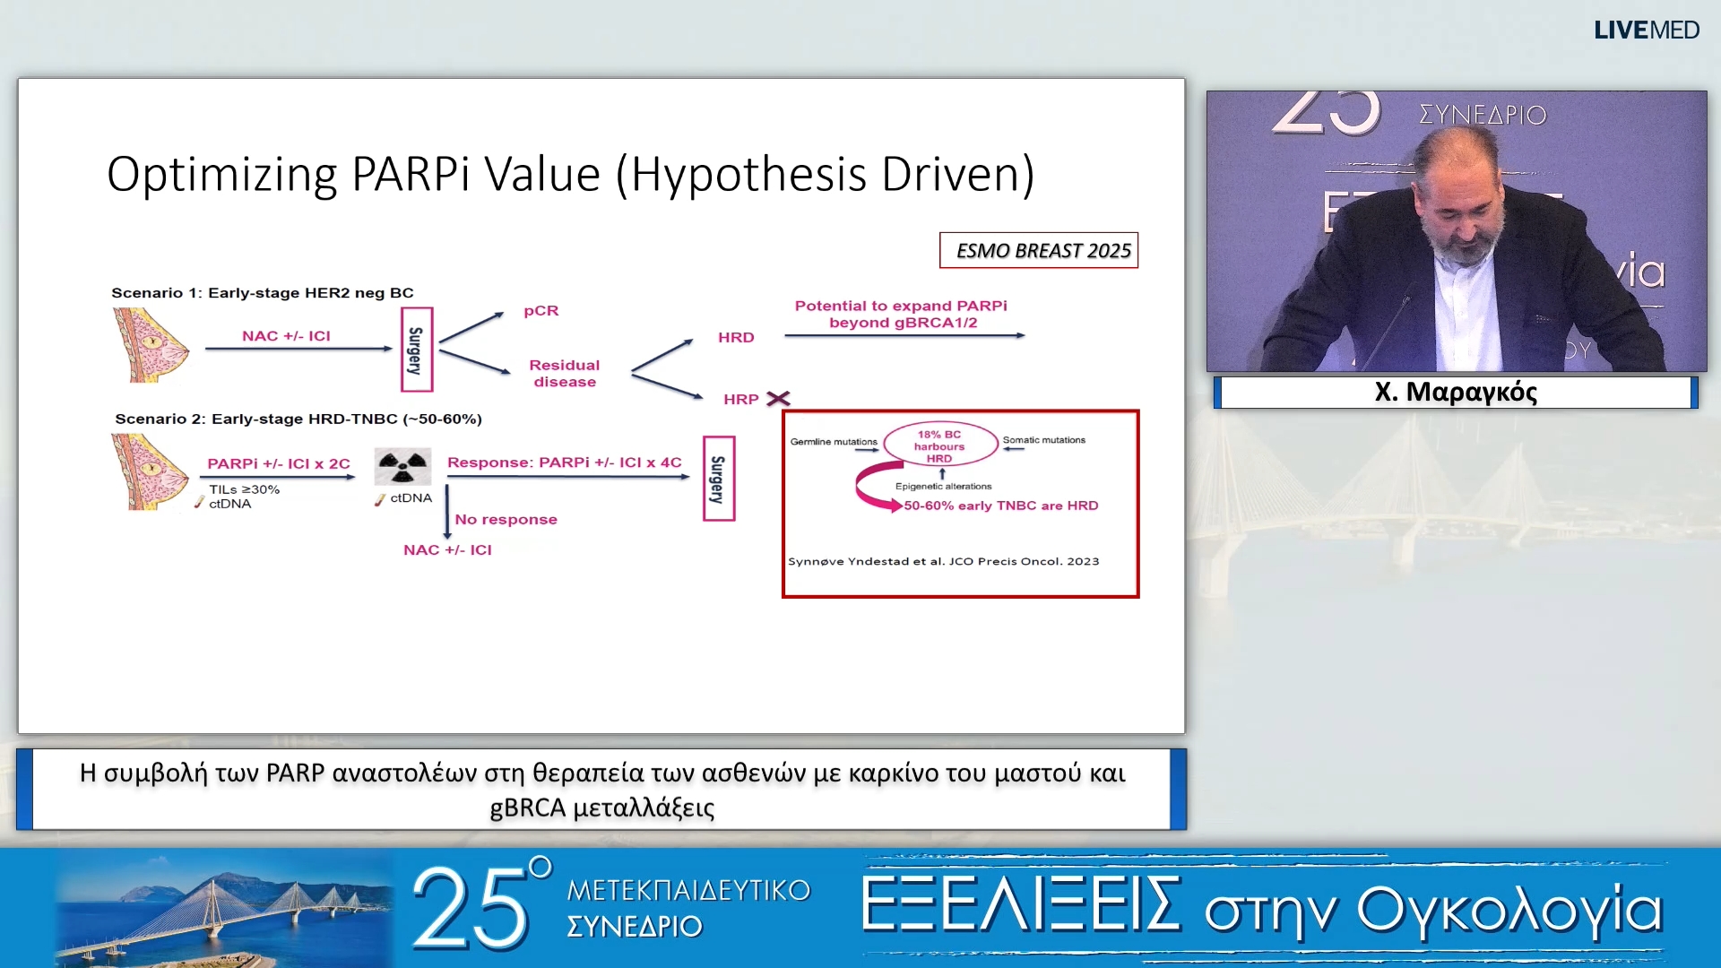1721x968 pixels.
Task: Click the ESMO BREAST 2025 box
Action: [x=1039, y=250]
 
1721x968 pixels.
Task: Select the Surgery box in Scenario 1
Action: [x=417, y=350]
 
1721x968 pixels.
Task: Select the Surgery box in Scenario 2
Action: [x=719, y=479]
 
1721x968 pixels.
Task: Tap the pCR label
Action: [x=541, y=311]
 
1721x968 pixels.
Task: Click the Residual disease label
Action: [x=565, y=373]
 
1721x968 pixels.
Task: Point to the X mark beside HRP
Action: [x=778, y=398]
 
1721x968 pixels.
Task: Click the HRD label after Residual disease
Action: [x=736, y=337]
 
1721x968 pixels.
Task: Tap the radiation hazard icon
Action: [x=402, y=467]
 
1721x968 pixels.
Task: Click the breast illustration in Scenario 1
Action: [x=150, y=345]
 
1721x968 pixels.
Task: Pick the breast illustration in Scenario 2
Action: [x=150, y=472]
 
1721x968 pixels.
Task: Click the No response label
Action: [x=506, y=520]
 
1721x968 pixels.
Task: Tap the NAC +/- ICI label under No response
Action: [x=447, y=550]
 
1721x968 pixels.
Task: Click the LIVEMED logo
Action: [x=1646, y=30]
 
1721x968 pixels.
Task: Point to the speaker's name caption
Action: [x=1456, y=393]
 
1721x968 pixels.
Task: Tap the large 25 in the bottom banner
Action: [x=471, y=909]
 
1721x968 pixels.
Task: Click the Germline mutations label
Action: [x=834, y=442]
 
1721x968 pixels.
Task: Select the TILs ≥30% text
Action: [x=245, y=489]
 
